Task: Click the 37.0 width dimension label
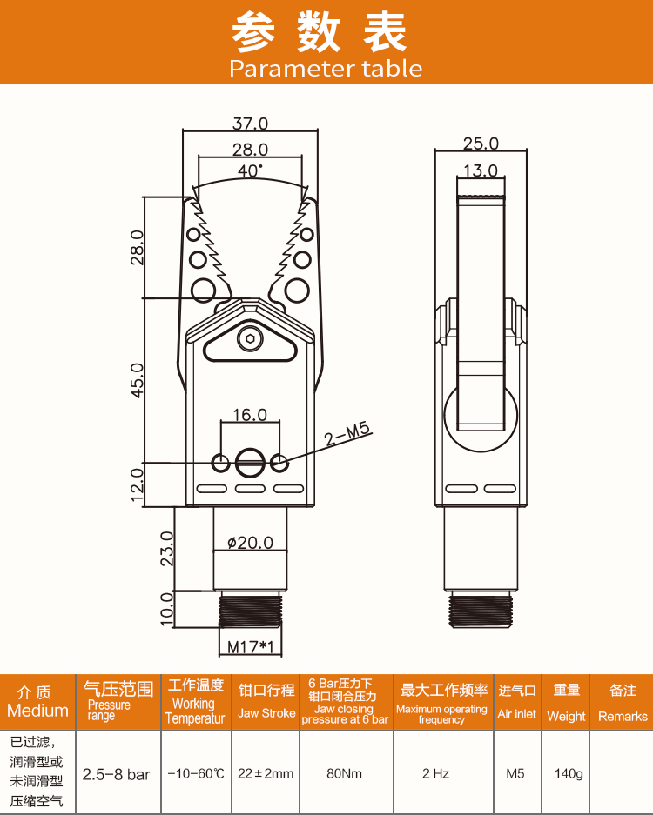click(250, 124)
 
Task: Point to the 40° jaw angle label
click(250, 170)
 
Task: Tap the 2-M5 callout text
click(347, 434)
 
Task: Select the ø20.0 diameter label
click(250, 543)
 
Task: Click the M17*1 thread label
click(251, 647)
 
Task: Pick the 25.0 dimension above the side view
click(481, 144)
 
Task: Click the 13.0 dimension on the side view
click(481, 170)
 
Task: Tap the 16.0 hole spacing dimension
click(250, 415)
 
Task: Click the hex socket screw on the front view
click(250, 339)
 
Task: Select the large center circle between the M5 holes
click(250, 463)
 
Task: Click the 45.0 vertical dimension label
click(137, 380)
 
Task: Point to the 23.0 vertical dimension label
click(167, 549)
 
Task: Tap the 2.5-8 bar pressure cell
click(116, 774)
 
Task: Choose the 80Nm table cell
click(345, 774)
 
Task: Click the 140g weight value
click(569, 774)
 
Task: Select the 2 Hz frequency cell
click(435, 774)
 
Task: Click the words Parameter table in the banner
click(326, 69)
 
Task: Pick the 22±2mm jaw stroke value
click(266, 774)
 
